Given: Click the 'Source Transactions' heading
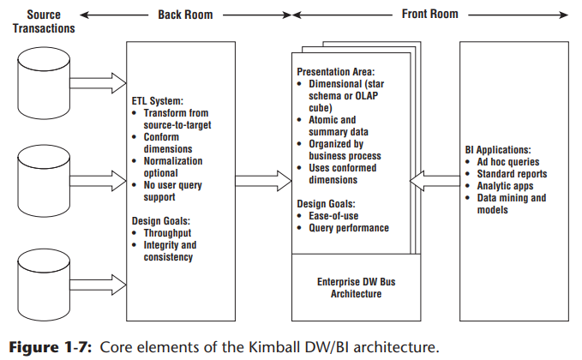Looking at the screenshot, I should point(51,21).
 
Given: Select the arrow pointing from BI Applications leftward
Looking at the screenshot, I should point(434,181).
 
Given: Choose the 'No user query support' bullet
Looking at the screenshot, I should point(177,190).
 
